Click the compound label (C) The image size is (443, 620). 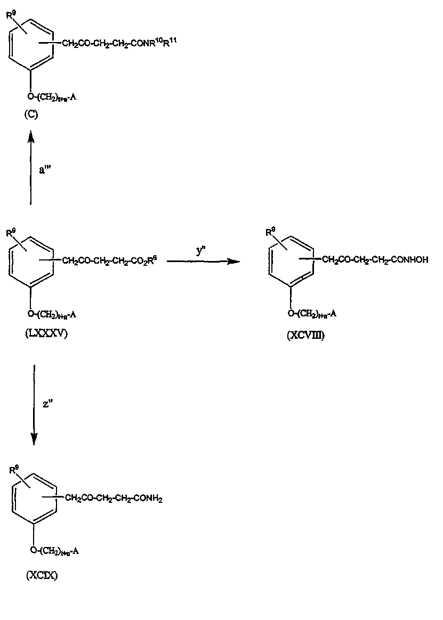[31, 116]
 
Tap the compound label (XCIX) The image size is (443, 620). [41, 576]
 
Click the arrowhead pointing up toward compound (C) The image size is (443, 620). [31, 138]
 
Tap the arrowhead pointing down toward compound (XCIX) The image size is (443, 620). [34, 438]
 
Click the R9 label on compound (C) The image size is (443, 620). [11, 15]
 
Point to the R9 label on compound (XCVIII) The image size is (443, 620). [270, 232]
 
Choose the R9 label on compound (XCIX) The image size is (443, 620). [14, 470]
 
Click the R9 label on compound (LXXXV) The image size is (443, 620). [11, 233]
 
